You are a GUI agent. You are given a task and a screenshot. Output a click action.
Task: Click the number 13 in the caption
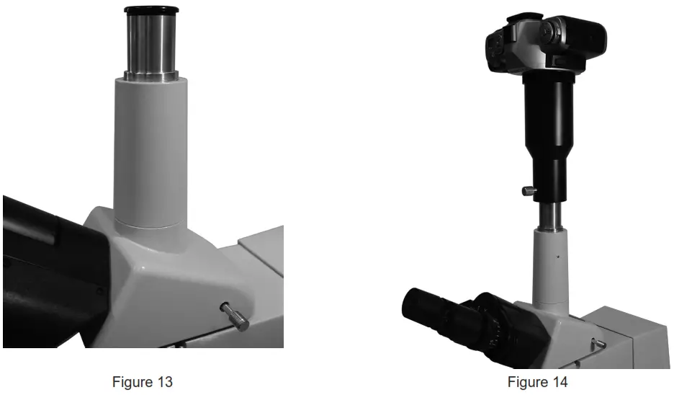(x=164, y=382)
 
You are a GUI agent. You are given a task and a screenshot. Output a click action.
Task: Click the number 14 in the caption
(x=559, y=382)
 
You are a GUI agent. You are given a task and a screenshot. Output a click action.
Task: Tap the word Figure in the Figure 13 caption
(x=132, y=382)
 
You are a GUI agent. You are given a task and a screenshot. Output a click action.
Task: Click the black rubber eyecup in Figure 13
(x=151, y=10)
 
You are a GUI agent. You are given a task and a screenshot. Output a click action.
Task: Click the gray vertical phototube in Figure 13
(x=150, y=151)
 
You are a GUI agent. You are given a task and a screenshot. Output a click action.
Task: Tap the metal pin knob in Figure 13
(x=235, y=317)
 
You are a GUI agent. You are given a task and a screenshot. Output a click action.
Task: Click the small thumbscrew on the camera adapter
(x=527, y=190)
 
